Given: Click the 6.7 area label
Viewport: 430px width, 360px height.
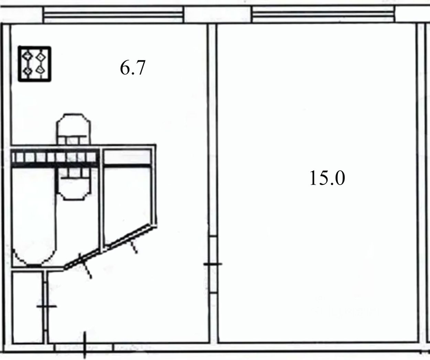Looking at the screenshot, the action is coord(133,68).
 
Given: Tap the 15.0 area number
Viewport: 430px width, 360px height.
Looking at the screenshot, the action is coord(327,178).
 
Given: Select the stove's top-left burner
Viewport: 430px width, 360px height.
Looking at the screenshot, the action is coord(28,56).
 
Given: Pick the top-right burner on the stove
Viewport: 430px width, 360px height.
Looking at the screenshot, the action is coord(41,56).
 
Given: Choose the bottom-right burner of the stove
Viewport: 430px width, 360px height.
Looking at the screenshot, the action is coord(40,70).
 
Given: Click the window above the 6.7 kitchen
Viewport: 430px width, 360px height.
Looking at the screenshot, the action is coord(114,14).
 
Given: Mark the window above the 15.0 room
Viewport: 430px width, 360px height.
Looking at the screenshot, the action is coord(323,14).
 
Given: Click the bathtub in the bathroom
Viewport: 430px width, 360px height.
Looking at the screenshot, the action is coord(34,216).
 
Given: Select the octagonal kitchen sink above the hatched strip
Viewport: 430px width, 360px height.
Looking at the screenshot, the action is coord(74,129).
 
